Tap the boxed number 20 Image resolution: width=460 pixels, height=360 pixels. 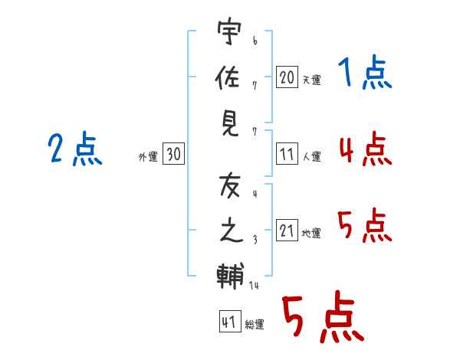tap(287, 77)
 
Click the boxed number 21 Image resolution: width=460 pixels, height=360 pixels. tap(287, 231)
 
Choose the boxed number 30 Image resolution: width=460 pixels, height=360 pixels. tap(173, 155)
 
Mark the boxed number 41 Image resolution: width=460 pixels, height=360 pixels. tap(228, 322)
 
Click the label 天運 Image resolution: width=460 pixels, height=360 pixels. tap(311, 80)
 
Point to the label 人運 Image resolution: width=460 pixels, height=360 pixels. tap(311, 156)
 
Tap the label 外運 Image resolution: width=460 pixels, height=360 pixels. tap(148, 157)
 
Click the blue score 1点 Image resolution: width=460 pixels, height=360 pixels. tap(364, 74)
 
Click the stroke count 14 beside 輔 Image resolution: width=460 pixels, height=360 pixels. tap(255, 286)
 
